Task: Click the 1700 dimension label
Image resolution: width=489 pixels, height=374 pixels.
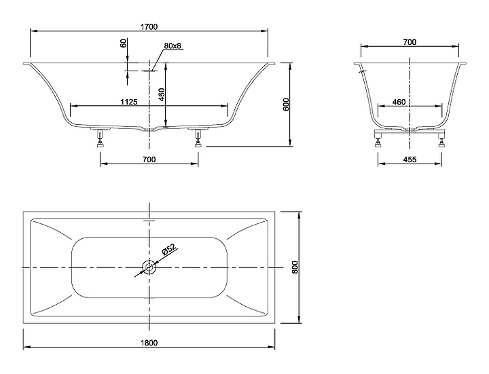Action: pyautogui.click(x=149, y=27)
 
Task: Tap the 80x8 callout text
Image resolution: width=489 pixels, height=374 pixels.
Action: pyautogui.click(x=172, y=45)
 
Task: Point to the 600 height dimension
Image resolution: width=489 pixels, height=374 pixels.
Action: pyautogui.click(x=286, y=105)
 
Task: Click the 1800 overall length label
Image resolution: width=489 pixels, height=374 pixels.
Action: pyautogui.click(x=149, y=343)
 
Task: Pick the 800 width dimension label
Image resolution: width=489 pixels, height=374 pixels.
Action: pyautogui.click(x=295, y=267)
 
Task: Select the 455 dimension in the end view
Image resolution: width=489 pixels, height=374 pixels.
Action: pyautogui.click(x=410, y=160)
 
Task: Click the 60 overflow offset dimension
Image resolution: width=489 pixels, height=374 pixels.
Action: pyautogui.click(x=124, y=43)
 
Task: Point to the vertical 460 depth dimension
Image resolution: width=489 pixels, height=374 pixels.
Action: pyautogui.click(x=162, y=94)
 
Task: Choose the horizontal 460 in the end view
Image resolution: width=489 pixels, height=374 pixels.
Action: pyautogui.click(x=399, y=101)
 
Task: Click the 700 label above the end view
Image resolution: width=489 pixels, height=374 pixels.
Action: pyautogui.click(x=410, y=42)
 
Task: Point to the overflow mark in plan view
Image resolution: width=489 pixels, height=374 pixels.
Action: pyautogui.click(x=149, y=221)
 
